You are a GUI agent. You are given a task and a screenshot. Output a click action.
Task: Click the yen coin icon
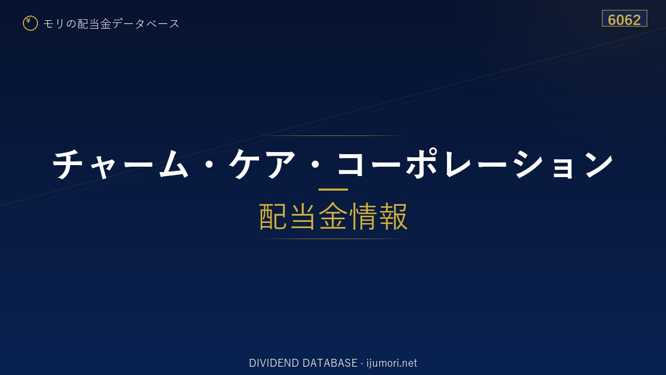point(30,23)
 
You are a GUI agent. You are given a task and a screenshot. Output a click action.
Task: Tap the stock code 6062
point(624,20)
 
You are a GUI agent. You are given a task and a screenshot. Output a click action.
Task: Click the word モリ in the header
point(54,24)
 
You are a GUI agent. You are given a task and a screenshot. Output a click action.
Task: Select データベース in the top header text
point(146,24)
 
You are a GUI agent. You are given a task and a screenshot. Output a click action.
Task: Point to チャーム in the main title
point(120,164)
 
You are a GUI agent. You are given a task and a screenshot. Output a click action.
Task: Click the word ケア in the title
point(262,164)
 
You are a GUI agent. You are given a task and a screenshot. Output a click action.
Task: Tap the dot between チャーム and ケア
point(209,165)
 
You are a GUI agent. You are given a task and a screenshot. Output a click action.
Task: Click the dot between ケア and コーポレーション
point(315,165)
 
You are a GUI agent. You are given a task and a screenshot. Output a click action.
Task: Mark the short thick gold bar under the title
point(333,189)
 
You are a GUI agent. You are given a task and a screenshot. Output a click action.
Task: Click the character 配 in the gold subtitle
point(273,216)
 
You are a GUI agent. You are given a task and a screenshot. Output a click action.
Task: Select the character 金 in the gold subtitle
point(333,216)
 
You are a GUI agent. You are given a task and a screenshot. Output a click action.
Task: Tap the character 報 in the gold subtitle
point(393,216)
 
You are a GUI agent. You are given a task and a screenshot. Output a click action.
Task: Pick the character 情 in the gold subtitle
point(363,216)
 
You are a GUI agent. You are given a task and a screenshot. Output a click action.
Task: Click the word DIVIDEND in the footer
point(274,363)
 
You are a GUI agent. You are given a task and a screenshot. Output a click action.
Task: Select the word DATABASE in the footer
point(330,363)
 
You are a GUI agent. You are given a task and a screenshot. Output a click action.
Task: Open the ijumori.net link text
point(392,364)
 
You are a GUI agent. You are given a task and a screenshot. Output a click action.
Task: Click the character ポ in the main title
point(422,163)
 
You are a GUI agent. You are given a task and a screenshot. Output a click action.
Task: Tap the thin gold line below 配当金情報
point(333,239)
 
